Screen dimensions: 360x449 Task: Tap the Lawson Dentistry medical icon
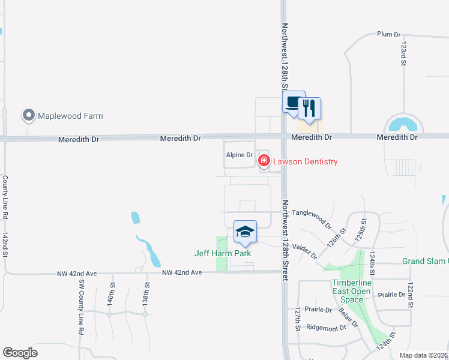click(264, 161)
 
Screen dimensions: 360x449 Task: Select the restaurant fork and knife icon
click(309, 108)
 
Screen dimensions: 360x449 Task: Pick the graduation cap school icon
click(245, 232)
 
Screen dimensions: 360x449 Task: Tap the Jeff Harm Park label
click(223, 253)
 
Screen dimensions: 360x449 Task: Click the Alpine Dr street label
click(240, 155)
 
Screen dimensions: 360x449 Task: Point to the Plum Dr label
click(388, 34)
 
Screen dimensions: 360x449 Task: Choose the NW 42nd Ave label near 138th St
click(181, 272)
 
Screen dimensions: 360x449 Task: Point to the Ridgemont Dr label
click(326, 328)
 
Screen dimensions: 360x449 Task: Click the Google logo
click(20, 353)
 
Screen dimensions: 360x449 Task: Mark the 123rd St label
click(404, 53)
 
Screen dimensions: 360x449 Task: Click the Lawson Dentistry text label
click(306, 161)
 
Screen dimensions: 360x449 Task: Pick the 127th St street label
click(297, 320)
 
